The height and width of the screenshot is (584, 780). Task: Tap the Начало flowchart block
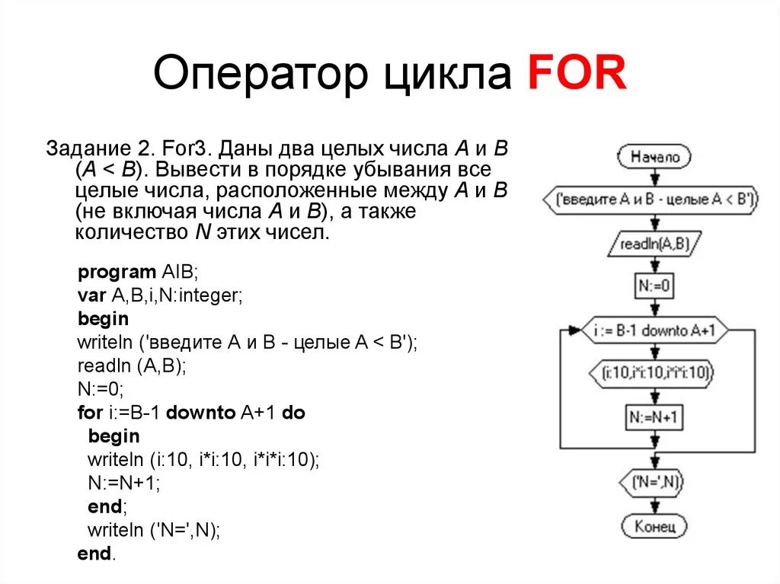654,158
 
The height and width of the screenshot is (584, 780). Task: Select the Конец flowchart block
654,526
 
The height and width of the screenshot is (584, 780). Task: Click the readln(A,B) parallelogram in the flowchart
654,244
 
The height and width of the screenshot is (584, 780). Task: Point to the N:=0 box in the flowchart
654,286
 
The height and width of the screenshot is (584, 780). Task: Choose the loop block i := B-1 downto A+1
654,331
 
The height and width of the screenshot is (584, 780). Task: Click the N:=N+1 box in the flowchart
654,416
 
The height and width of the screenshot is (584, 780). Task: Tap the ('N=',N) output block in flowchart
654,481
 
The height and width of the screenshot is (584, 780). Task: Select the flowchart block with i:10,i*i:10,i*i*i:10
654,373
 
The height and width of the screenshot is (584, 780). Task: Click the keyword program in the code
117,272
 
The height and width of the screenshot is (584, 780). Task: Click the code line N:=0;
100,389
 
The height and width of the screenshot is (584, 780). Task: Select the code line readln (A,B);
131,365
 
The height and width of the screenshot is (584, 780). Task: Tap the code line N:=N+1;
124,483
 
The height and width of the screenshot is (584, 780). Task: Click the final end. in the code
96,554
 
